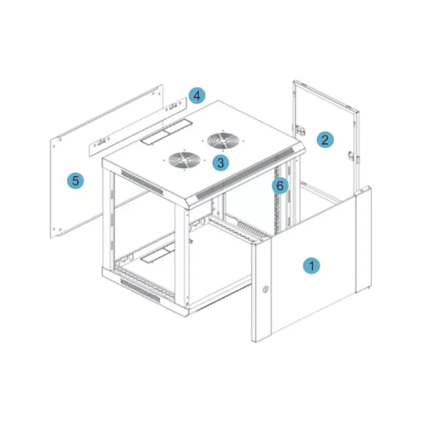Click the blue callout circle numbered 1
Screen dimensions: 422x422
coord(311,266)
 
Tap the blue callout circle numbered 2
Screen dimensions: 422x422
coord(325,140)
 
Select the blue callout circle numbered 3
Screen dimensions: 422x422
coord(220,162)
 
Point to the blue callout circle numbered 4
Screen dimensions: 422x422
coord(197,95)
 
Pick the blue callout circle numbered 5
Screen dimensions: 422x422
coord(75,180)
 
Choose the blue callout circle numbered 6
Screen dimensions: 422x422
coord(280,186)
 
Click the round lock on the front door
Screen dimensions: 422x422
coord(265,289)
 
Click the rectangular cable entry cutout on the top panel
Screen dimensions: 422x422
coord(166,133)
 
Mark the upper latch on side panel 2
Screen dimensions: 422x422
coord(301,130)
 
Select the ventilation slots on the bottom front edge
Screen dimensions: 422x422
coord(140,291)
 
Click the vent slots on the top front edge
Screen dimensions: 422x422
coord(142,182)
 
